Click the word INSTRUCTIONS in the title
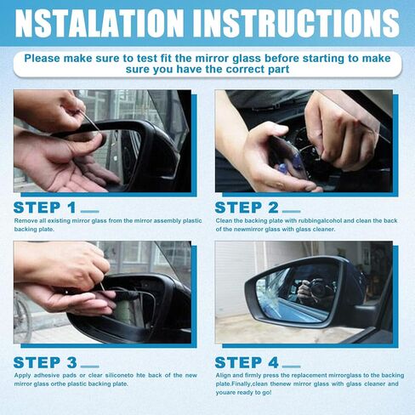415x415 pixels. pos(300,23)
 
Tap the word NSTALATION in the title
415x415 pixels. pos(99,23)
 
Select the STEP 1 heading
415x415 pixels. pos(44,207)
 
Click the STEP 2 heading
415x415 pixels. pos(247,207)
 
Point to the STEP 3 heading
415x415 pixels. pos(45,362)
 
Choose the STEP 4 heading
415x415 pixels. pos(247,362)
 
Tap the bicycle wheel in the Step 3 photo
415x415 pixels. pos(22,316)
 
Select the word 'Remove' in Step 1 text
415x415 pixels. pos(25,220)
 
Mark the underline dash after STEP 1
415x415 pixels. pos(90,211)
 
